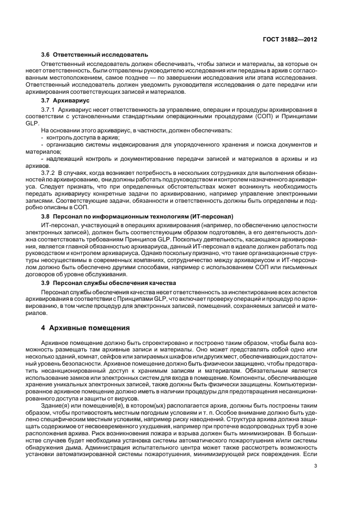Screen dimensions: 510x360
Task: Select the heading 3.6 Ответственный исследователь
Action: (95, 54)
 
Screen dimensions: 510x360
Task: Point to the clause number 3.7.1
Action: (50, 111)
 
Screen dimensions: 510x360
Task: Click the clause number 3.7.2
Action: (50, 173)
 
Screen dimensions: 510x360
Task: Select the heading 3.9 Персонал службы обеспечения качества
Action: (109, 283)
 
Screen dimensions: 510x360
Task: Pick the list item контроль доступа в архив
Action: (82, 138)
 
